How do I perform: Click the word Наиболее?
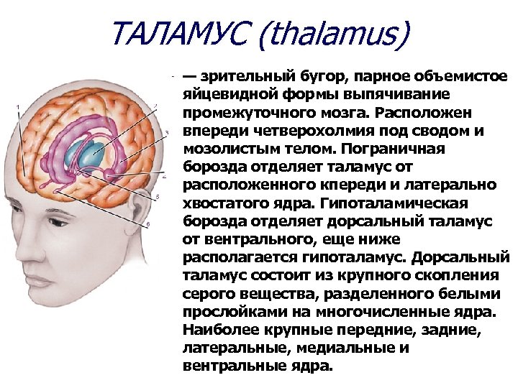[217, 331]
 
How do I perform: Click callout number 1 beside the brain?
[19, 108]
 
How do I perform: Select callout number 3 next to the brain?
[166, 133]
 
